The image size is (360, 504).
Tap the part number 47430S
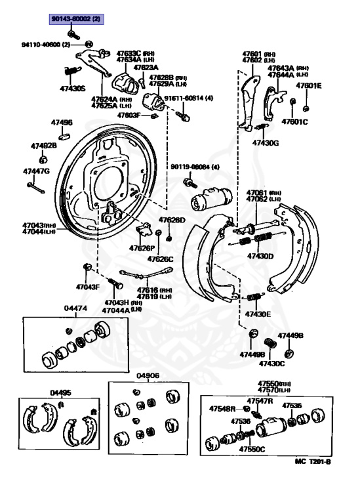[73, 87]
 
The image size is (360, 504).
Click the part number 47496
[62, 122]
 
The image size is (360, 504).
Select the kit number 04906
[148, 376]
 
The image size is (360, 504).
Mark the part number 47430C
[272, 363]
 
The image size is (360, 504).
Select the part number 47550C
[252, 450]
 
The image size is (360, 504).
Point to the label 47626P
[142, 248]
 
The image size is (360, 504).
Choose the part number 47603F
[129, 115]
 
